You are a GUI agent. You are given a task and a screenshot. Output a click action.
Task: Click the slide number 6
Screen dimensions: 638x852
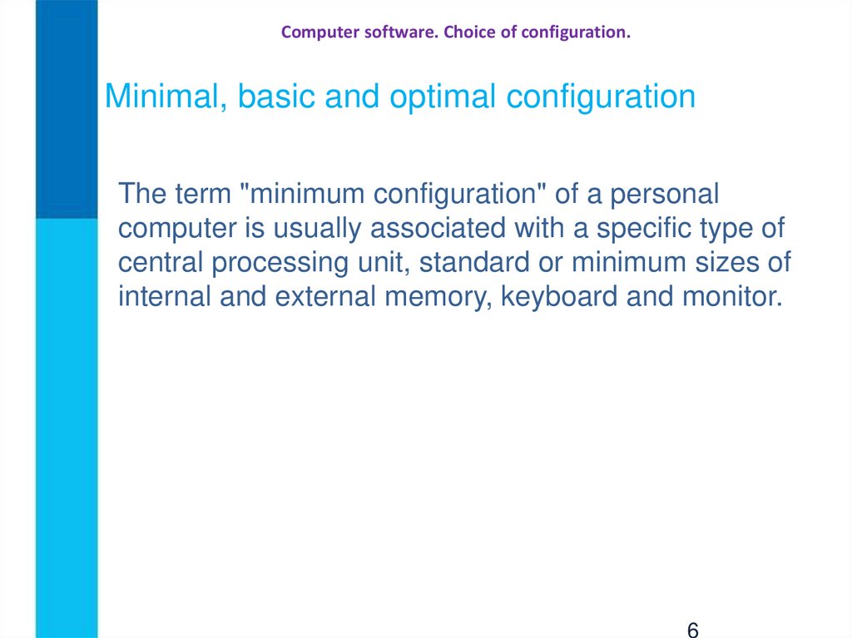692,629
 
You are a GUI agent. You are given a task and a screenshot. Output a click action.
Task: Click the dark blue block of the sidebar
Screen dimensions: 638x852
67,108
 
